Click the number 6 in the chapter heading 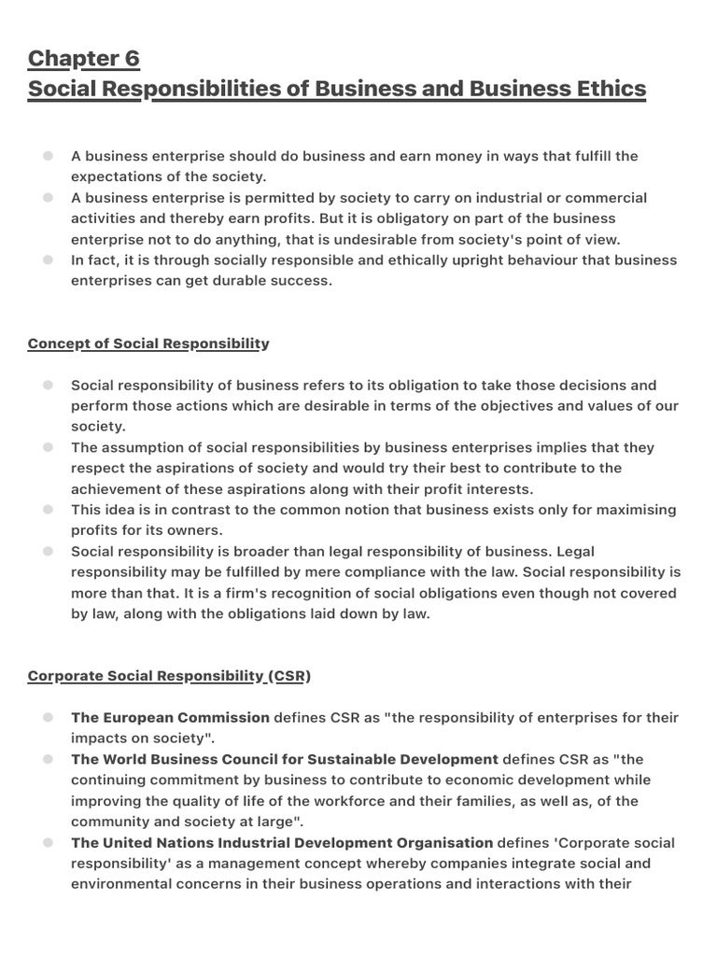click(x=130, y=59)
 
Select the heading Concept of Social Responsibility click(x=148, y=344)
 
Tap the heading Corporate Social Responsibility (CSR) click(x=169, y=676)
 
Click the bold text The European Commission click(x=171, y=718)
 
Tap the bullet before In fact click(x=48, y=260)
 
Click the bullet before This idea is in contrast click(x=48, y=510)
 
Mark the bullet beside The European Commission click(x=48, y=718)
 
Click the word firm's click(x=237, y=593)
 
